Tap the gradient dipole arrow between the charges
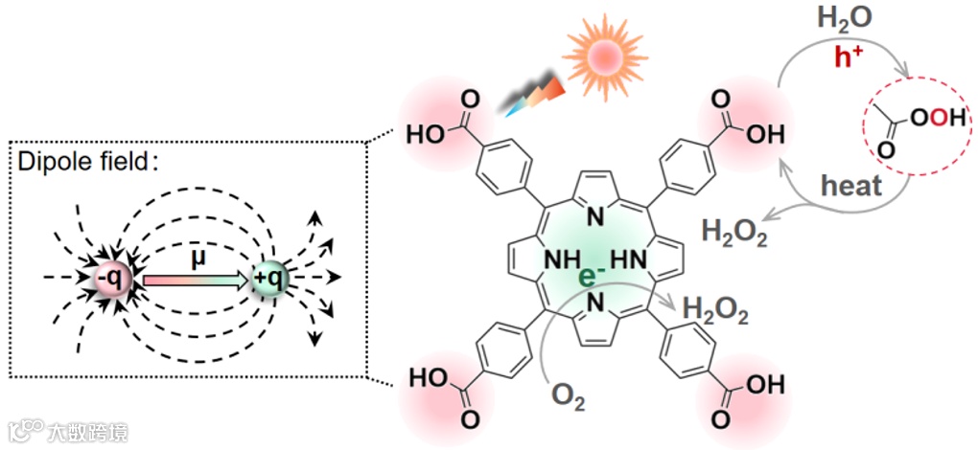coord(197,280)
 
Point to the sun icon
coord(599,56)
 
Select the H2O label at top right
coord(844,20)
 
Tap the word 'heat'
coord(851,185)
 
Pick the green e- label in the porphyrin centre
coord(592,277)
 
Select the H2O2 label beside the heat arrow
coord(734,232)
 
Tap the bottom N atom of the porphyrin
coord(594,304)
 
